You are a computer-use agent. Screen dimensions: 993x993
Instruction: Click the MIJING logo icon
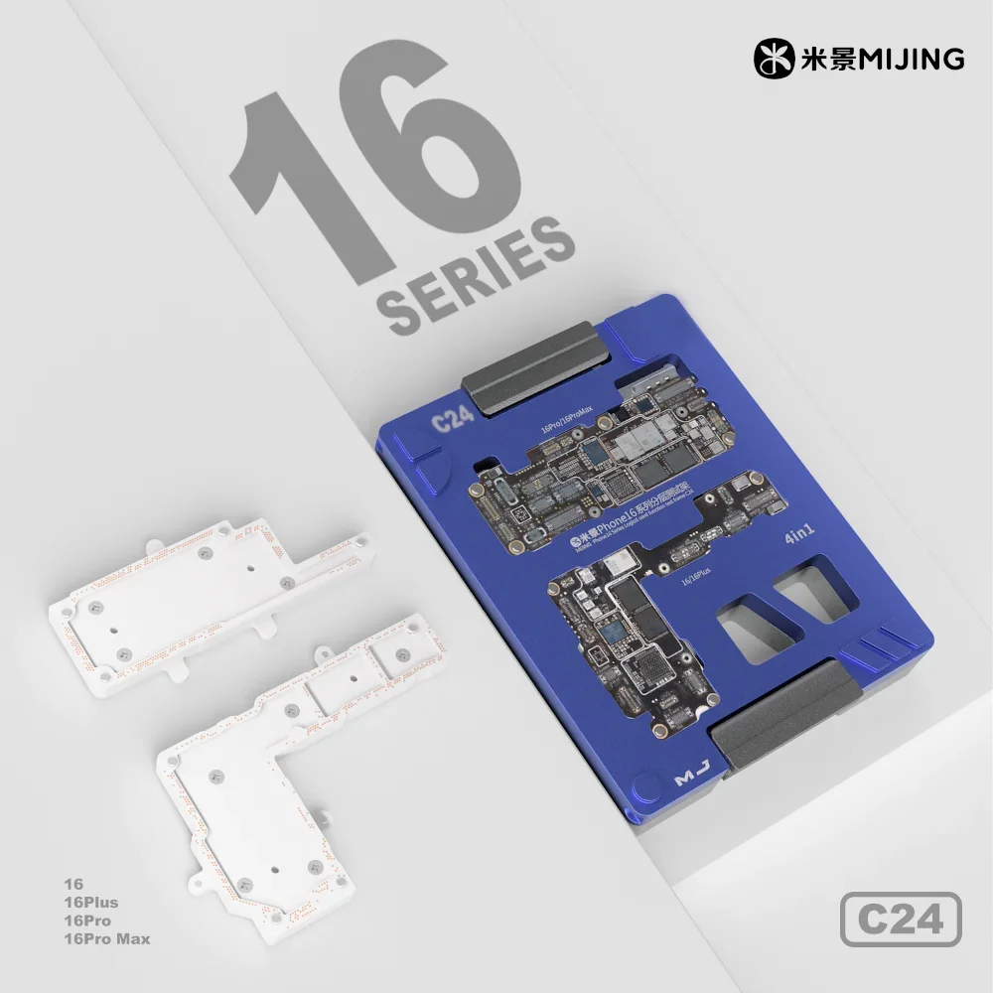pyautogui.click(x=775, y=59)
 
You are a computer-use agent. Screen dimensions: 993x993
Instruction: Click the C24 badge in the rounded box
pyautogui.click(x=901, y=919)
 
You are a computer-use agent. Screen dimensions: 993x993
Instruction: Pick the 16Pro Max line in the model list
pyautogui.click(x=104, y=938)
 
